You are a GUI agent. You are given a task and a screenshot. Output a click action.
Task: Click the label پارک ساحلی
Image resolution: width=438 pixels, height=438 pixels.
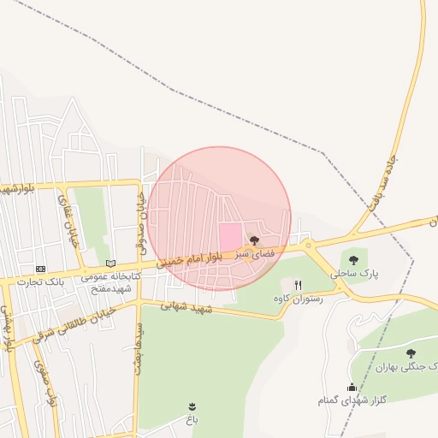[x=354, y=274]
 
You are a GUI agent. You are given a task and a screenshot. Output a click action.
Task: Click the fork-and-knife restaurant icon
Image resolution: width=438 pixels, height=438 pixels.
[x=298, y=285]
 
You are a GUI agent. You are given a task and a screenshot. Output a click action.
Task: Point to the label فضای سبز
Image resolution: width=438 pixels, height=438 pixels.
[x=254, y=254]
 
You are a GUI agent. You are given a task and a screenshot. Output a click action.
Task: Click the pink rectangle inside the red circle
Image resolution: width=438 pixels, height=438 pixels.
[x=230, y=237]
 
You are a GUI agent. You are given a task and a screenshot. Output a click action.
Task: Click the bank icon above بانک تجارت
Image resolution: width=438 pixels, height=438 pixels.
[x=40, y=269]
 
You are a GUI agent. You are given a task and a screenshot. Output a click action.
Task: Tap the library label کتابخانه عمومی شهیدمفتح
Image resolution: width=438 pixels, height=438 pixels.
[x=109, y=282]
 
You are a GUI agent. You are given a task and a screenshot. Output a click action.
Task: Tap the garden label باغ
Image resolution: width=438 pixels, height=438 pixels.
[x=192, y=419]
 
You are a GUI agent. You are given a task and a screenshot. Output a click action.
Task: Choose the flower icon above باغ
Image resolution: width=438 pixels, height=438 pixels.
[x=192, y=405]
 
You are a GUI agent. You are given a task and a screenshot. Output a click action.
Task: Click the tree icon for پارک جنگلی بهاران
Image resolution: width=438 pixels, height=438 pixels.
[x=411, y=352]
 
